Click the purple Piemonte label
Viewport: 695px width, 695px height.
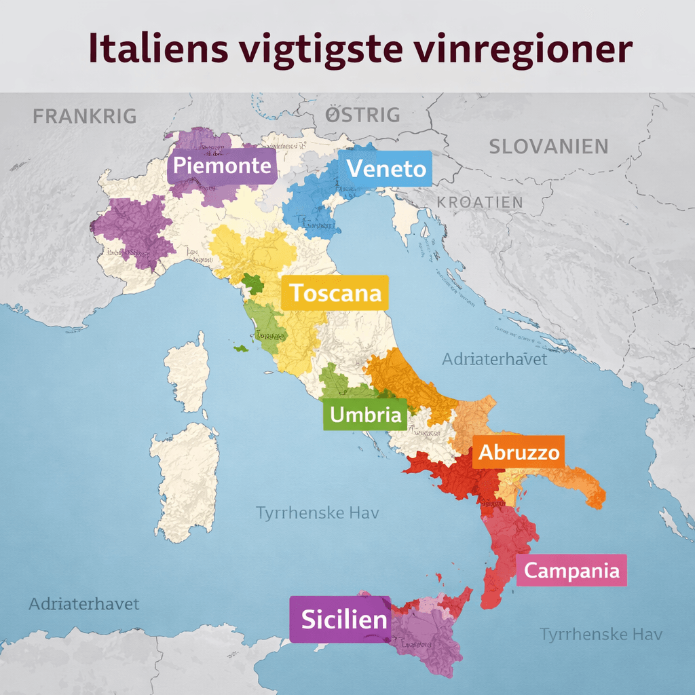(222, 166)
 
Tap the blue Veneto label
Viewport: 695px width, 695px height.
(387, 168)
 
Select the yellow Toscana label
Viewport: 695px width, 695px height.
(335, 293)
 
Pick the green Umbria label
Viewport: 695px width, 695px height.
(365, 414)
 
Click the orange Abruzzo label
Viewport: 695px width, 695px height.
(519, 453)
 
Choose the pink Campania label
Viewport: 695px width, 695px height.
(571, 571)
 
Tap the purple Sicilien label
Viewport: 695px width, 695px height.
(340, 619)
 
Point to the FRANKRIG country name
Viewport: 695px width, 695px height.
(85, 116)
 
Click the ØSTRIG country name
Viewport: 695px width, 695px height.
(362, 115)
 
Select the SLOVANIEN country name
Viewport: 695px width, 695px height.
(548, 146)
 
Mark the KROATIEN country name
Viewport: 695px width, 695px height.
(480, 202)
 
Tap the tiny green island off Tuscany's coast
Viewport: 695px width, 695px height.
(241, 348)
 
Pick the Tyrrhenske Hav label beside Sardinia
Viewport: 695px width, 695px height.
(317, 512)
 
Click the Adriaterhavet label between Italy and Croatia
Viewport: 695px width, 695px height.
(494, 359)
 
